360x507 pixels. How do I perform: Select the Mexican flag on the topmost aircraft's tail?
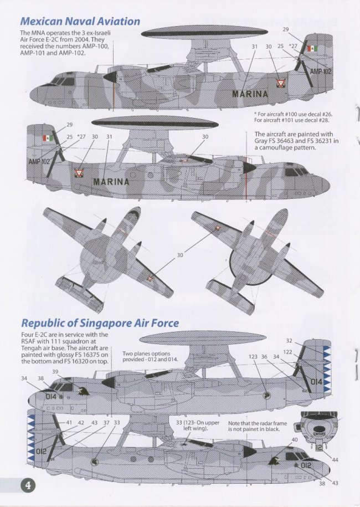pos(311,52)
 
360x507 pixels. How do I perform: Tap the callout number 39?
pos(55,371)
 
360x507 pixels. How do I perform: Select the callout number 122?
pos(287,352)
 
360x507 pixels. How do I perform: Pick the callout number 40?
pos(294,439)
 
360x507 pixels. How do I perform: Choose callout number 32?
pos(289,341)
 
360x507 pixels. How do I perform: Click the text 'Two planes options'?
pos(146,354)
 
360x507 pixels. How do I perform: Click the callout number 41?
pos(69,422)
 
